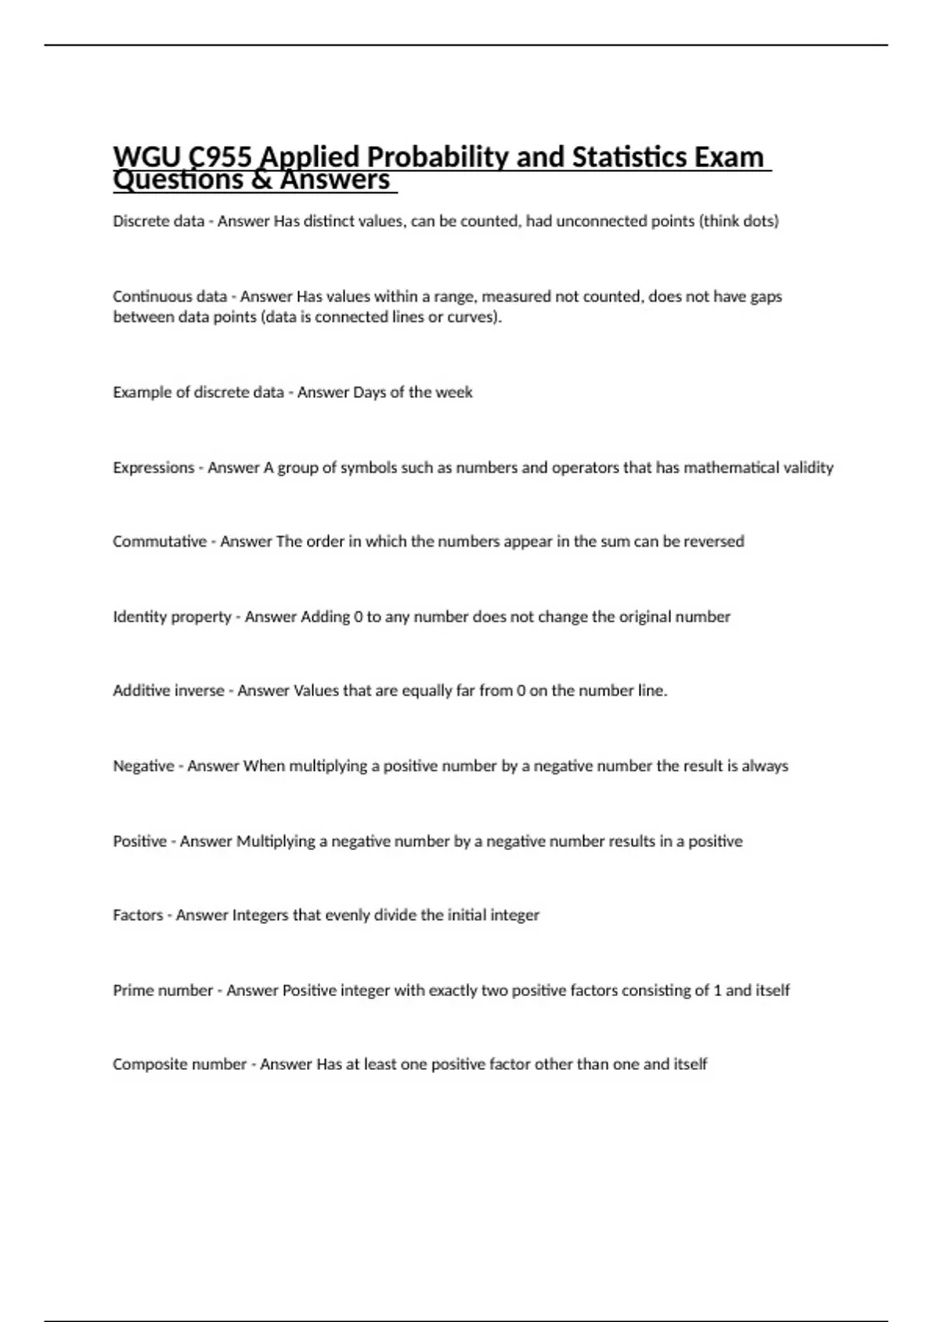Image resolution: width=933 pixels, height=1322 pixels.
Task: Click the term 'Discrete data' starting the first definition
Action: tap(158, 221)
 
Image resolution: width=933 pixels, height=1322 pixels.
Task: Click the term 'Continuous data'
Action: tap(169, 296)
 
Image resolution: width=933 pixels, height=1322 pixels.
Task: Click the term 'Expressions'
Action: tap(153, 467)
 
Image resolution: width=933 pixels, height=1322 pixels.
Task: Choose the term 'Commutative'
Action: tap(159, 541)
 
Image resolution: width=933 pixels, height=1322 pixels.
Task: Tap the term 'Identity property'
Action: tap(172, 617)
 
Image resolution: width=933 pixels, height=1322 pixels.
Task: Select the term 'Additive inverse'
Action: tap(168, 691)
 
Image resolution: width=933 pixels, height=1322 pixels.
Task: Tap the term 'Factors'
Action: tap(138, 915)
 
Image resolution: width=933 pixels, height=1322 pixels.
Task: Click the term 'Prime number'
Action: tap(162, 991)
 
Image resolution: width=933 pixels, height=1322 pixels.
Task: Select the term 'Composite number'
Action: tap(179, 1064)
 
